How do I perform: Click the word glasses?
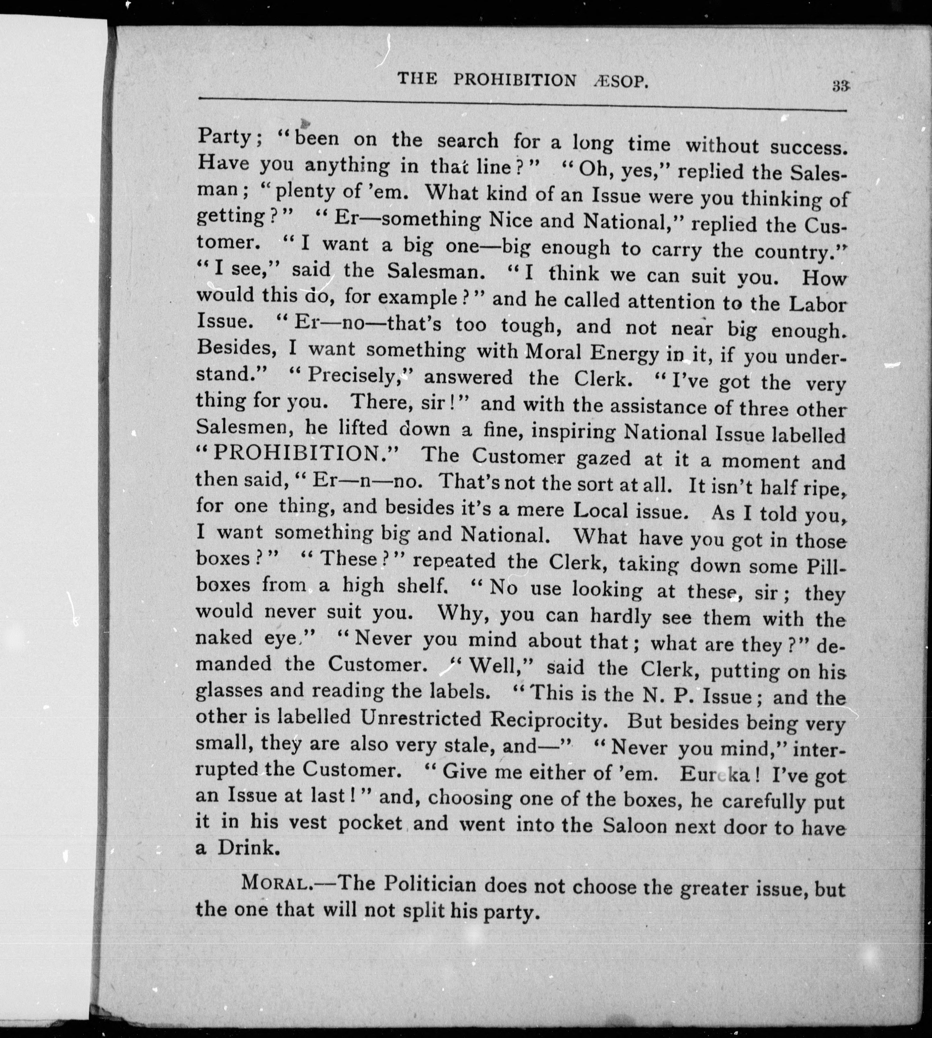point(228,691)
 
